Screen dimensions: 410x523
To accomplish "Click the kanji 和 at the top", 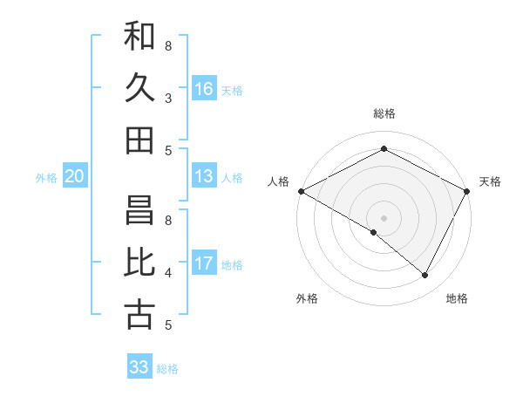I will (x=139, y=36).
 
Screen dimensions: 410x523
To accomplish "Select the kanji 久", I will (x=139, y=88).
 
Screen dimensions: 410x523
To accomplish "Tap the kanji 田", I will (x=139, y=140).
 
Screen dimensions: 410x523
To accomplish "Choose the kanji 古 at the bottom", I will (x=139, y=315).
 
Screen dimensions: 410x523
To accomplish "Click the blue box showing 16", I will (x=204, y=89).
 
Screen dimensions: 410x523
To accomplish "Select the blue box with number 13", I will (x=204, y=176).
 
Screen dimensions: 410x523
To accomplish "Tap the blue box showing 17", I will (x=204, y=263).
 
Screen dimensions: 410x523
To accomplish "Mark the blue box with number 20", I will (x=74, y=177).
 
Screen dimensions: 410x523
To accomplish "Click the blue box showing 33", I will (x=139, y=367).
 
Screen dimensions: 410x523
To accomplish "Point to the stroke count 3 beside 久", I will (x=168, y=99).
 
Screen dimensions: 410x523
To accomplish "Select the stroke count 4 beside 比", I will (x=168, y=273).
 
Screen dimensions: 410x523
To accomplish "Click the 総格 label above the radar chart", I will (x=384, y=113).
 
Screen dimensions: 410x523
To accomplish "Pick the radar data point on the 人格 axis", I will (x=301, y=191).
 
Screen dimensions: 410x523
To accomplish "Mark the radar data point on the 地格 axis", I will (x=425, y=275).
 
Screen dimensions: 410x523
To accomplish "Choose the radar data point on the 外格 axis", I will (x=374, y=232).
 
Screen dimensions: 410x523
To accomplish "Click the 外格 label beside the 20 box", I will (x=46, y=178).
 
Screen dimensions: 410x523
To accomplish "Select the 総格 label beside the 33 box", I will (x=167, y=369).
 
